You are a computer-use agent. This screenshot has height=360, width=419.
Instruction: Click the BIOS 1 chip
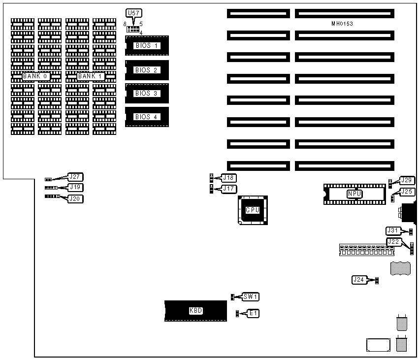147,46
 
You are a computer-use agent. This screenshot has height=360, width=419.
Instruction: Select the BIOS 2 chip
147,70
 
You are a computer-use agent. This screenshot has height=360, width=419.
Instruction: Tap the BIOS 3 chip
147,93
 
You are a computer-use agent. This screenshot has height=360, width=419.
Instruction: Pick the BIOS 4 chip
147,117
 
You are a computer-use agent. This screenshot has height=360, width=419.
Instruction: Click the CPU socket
253,210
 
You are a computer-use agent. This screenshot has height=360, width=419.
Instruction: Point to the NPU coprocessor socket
355,194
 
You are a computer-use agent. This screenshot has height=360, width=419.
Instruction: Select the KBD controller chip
195,311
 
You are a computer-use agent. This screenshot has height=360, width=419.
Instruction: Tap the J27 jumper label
76,177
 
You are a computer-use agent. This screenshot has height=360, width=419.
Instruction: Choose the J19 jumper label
76,188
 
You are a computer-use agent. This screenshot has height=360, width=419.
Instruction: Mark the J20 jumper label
76,198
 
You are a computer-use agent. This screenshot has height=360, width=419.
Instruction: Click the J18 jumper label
229,178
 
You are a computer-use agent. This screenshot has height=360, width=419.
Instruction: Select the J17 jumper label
229,188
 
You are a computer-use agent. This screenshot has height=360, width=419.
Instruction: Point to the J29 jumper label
407,181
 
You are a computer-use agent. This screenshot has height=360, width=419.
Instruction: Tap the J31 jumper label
394,230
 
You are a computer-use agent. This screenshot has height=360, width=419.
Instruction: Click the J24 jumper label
359,280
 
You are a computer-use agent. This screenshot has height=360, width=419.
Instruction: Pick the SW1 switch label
251,296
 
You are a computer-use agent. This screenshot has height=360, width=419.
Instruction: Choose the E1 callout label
253,313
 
